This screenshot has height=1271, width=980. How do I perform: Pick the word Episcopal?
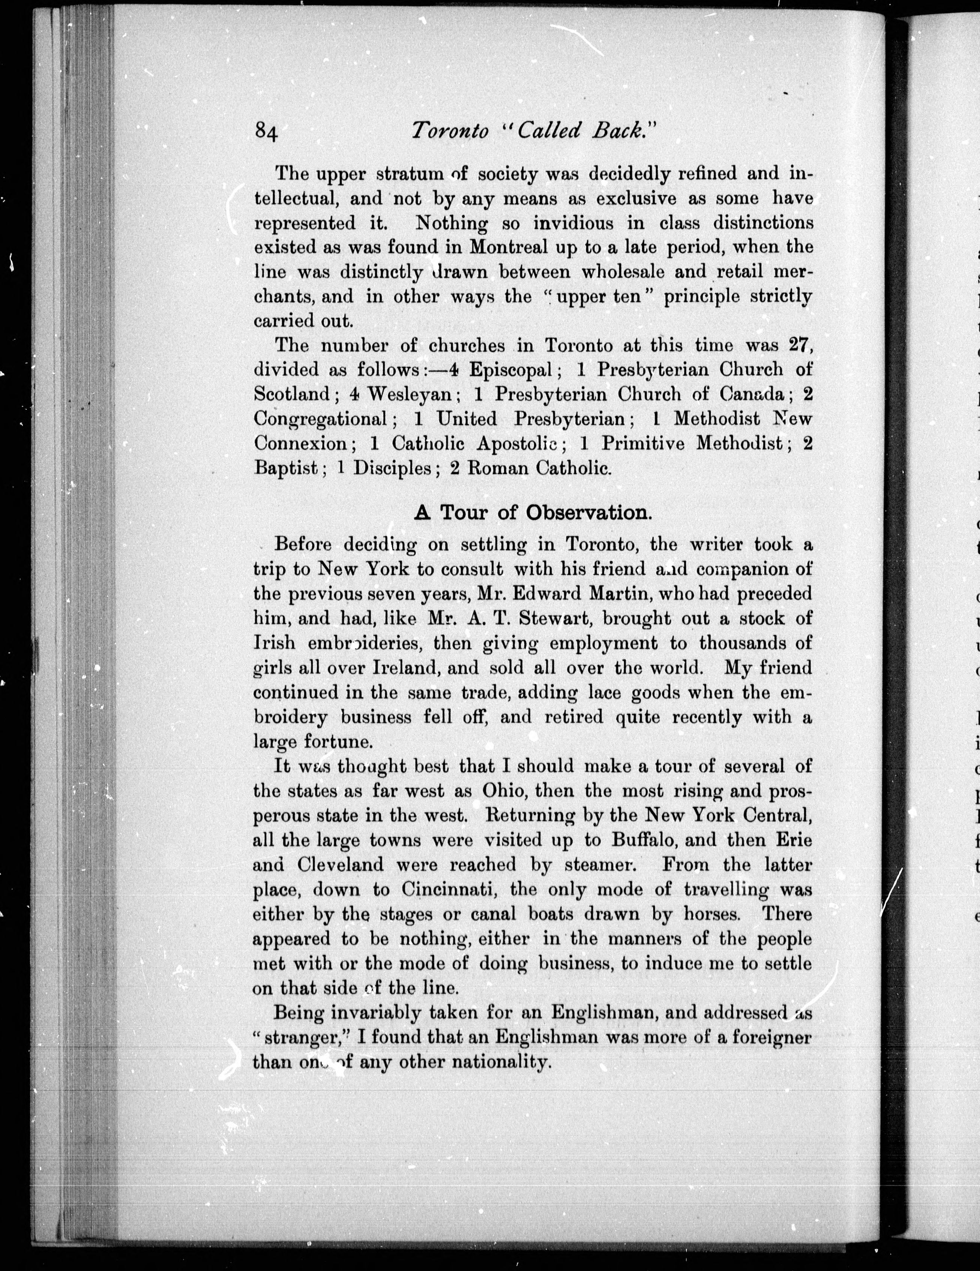coord(511,369)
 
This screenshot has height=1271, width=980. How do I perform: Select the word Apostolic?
coord(518,443)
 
